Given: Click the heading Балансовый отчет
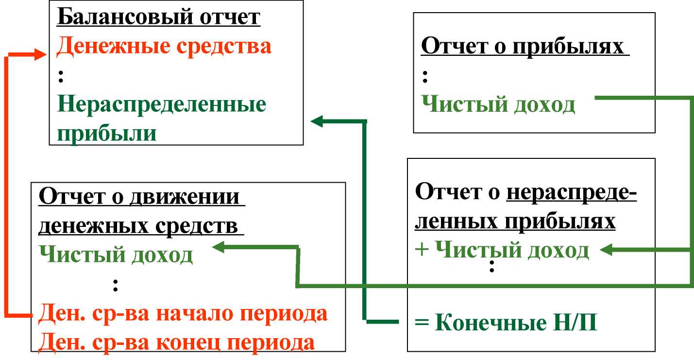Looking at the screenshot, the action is point(159,17).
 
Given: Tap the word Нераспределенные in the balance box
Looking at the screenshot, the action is point(162,104).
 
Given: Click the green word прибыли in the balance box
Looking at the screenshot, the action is point(107,134).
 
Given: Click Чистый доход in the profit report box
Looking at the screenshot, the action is point(498,104).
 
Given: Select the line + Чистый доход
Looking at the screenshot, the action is point(502,250).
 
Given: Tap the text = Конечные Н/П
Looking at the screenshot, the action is point(506,322).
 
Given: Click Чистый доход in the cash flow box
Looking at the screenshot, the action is point(116,255).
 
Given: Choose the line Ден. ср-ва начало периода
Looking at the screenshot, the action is point(183,314).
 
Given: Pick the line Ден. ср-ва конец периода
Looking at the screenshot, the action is point(176,343).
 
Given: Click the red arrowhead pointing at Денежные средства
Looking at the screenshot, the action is point(40,54).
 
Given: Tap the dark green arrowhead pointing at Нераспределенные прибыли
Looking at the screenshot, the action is point(317,121).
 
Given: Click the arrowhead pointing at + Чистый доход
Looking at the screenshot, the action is point(606,250).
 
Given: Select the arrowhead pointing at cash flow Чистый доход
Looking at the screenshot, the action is point(218,247).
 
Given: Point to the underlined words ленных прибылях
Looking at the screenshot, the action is point(515,222).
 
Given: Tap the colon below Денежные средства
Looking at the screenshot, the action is point(61,76).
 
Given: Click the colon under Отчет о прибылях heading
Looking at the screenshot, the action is point(425,77).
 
